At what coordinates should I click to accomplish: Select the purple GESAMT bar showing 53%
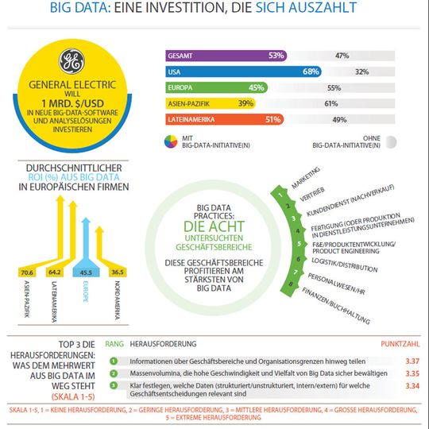point(226,56)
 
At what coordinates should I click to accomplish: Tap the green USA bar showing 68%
point(243,71)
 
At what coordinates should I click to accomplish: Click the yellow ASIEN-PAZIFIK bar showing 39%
point(210,103)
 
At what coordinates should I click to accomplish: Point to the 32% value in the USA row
point(361,71)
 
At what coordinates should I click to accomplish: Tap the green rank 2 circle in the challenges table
point(114,373)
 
